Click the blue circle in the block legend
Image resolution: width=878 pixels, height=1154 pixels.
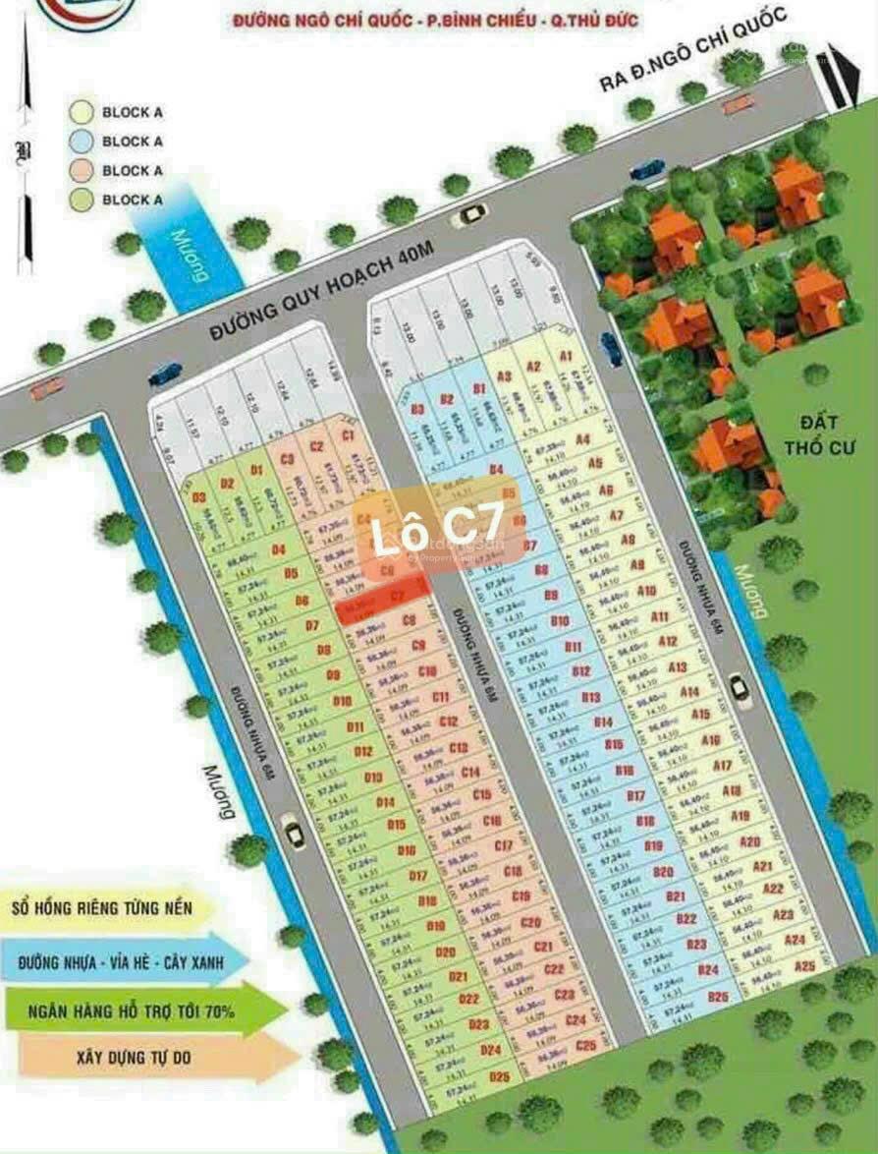tap(83, 142)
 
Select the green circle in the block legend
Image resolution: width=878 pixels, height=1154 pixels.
tap(83, 200)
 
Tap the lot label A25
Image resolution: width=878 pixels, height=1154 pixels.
tap(804, 966)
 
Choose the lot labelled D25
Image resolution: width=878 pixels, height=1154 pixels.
tap(500, 1076)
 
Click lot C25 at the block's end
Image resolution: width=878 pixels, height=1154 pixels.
tap(586, 1045)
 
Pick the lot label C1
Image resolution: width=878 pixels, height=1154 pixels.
tap(347, 433)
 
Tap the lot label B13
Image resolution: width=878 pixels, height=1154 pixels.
tap(590, 697)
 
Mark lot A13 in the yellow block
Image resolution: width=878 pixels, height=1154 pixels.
tap(678, 666)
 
